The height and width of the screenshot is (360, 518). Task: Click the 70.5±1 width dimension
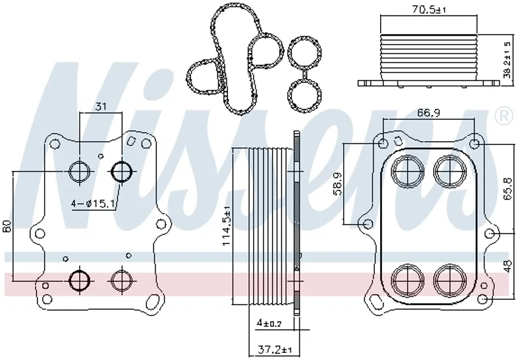[x=429, y=9]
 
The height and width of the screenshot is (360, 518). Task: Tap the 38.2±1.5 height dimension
[x=508, y=60]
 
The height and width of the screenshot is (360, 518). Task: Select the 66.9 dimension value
[x=429, y=113]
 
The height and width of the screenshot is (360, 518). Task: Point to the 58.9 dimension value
[x=337, y=183]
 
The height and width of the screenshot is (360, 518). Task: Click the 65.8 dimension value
[x=508, y=190]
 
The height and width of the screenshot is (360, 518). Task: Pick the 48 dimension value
[x=508, y=265]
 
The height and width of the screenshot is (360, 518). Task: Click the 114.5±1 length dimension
[x=226, y=226]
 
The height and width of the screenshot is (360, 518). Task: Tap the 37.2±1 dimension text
[x=274, y=350]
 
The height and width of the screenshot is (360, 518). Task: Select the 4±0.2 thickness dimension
[x=269, y=323]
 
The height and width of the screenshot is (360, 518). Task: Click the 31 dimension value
[x=101, y=106]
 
